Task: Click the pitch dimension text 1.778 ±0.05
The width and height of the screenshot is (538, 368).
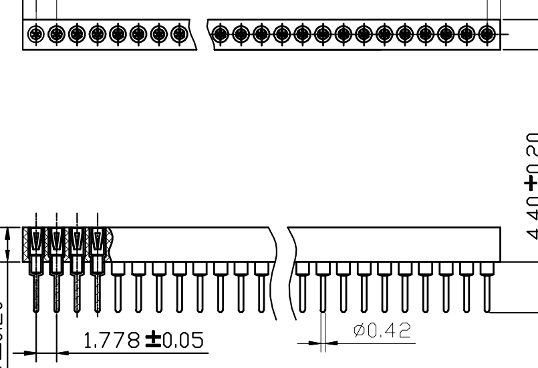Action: tap(144, 342)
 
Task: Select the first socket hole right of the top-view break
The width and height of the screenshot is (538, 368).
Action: tap(219, 33)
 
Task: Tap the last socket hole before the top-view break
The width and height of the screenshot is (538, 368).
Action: tap(178, 33)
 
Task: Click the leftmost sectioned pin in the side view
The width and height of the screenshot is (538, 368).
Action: tap(36, 287)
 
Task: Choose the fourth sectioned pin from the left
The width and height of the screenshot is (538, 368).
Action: tap(98, 287)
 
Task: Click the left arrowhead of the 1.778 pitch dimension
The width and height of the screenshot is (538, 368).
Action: tap(29, 353)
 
